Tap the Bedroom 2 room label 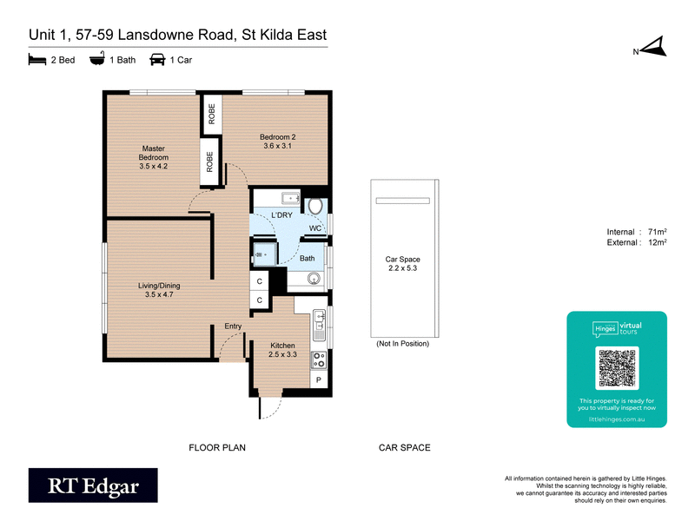[x=278, y=141]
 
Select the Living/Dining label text [x=159, y=290]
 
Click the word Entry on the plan [x=233, y=326]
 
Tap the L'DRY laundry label [x=281, y=214]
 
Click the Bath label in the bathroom [x=308, y=258]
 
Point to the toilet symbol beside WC [x=315, y=206]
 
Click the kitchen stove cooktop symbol [x=318, y=359]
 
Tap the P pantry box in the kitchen [x=318, y=380]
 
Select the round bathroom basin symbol [x=314, y=279]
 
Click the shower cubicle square [x=263, y=254]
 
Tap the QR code [x=617, y=368]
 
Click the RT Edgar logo [x=93, y=486]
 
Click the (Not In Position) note [x=402, y=345]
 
